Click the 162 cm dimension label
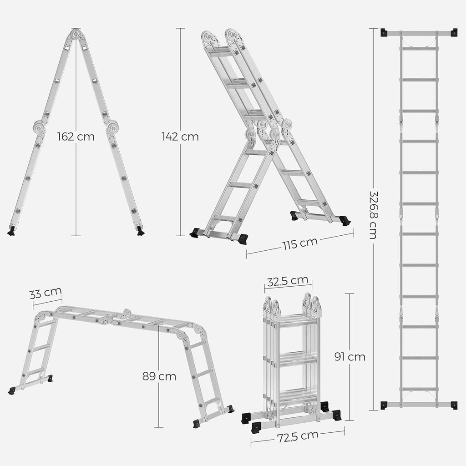[76, 137]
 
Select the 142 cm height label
[180, 137]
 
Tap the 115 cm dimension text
[299, 243]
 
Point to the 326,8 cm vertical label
[373, 214]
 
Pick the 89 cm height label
[159, 376]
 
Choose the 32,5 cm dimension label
[288, 281]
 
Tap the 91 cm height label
[350, 357]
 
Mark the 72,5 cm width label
[298, 436]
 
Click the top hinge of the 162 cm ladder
[76, 34]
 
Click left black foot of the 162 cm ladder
[11, 231]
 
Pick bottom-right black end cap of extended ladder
[453, 405]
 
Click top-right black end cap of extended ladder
[453, 32]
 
